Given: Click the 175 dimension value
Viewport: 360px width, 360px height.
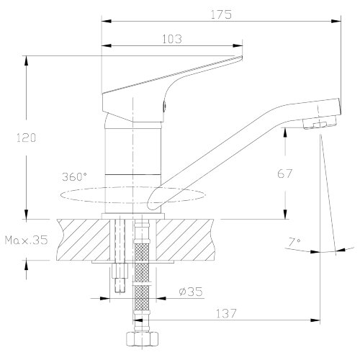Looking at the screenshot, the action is (221, 14).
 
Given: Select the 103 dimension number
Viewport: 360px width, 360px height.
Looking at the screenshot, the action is (172, 39).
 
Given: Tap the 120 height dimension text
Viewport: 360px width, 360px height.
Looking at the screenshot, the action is (27, 138).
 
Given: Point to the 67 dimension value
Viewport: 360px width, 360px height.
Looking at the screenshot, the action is (285, 174).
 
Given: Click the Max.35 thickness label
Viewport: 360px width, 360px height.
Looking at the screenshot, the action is (27, 240).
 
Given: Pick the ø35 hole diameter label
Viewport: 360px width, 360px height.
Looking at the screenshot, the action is (191, 292).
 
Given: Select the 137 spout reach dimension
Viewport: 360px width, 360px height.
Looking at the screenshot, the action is (226, 313).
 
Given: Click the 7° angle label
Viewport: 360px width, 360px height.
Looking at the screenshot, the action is (294, 243).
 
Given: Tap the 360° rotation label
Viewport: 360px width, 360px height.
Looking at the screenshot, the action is (75, 177).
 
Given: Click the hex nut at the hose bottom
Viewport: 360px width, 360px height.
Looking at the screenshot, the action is (143, 339).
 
